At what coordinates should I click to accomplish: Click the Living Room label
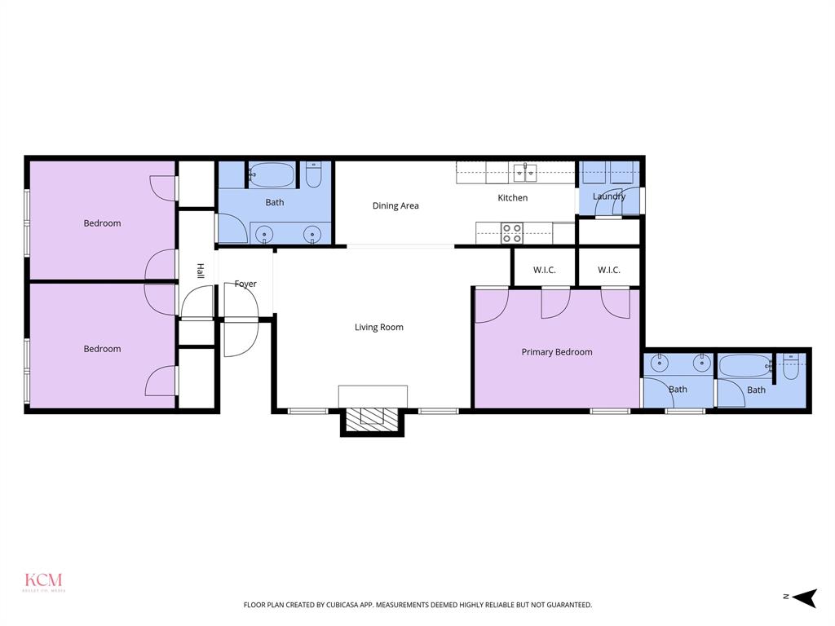pyautogui.click(x=378, y=328)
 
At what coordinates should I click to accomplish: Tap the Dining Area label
pyautogui.click(x=395, y=206)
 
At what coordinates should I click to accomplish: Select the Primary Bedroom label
pyautogui.click(x=557, y=352)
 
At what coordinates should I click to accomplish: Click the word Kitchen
pyautogui.click(x=513, y=198)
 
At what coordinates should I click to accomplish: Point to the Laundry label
pyautogui.click(x=609, y=196)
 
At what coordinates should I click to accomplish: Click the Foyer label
pyautogui.click(x=245, y=284)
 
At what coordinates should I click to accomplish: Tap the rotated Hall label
pyautogui.click(x=200, y=271)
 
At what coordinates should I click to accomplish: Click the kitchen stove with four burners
pyautogui.click(x=512, y=233)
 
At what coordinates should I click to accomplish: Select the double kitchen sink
pyautogui.click(x=525, y=172)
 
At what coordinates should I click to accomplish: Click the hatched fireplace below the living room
pyautogui.click(x=372, y=419)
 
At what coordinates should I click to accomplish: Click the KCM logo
pyautogui.click(x=43, y=582)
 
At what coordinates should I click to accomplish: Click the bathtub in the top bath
pyautogui.click(x=272, y=175)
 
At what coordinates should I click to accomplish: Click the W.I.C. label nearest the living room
pyautogui.click(x=544, y=270)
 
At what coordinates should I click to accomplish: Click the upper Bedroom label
pyautogui.click(x=102, y=223)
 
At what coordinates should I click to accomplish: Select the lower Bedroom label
pyautogui.click(x=102, y=349)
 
